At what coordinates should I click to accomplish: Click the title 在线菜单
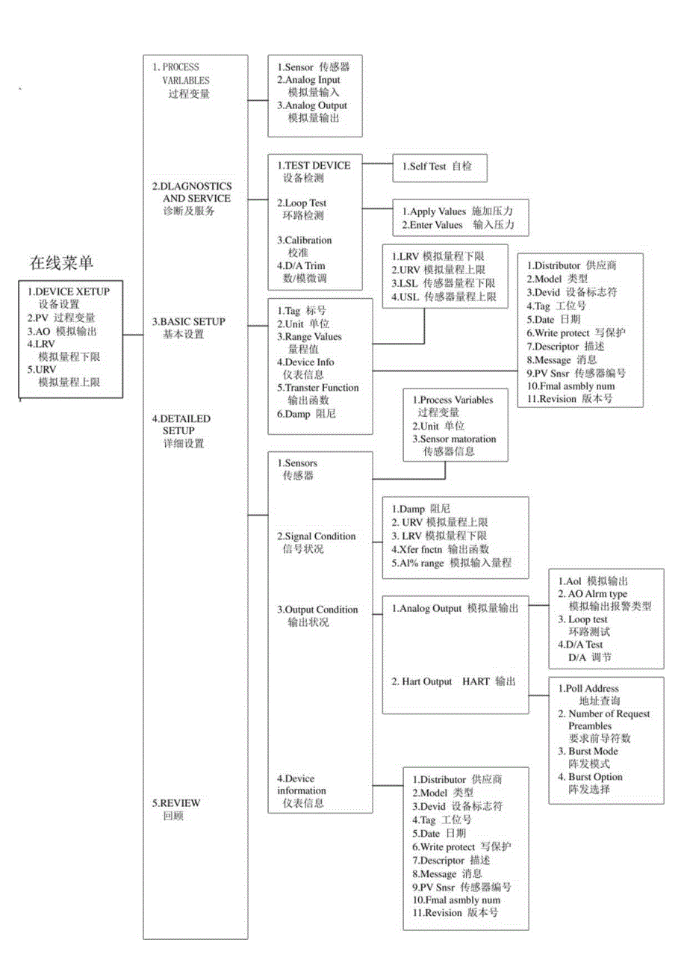click(x=61, y=262)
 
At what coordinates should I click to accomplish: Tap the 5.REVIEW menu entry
click(x=176, y=802)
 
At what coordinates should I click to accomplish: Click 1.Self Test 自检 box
click(x=439, y=166)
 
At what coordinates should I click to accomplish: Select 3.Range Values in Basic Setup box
click(x=308, y=337)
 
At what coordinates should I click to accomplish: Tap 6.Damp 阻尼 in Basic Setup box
click(x=305, y=412)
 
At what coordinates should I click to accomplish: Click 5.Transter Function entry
click(x=317, y=387)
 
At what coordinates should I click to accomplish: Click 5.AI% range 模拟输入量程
click(x=451, y=563)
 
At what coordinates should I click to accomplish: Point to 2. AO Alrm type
click(x=593, y=594)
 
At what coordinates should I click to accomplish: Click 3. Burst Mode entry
click(x=588, y=751)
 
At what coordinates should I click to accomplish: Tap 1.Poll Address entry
click(x=588, y=688)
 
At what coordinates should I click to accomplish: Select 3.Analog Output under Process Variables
click(x=311, y=105)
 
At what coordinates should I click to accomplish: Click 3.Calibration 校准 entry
click(x=304, y=240)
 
